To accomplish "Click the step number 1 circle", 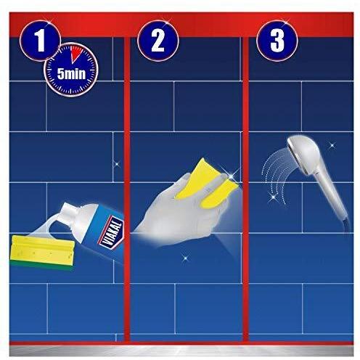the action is [41, 40].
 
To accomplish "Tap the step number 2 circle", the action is [158, 40].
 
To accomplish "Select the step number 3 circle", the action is [277, 40].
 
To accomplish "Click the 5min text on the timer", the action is [71, 73].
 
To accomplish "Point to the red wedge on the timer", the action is [76, 54].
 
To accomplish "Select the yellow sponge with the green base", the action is [41, 252].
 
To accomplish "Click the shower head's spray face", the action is [290, 151].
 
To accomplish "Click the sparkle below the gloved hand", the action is [185, 258].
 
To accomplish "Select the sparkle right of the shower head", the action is [332, 145].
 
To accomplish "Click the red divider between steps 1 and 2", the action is [127, 189].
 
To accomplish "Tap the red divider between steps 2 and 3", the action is [245, 189].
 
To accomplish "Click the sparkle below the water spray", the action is [274, 197].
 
